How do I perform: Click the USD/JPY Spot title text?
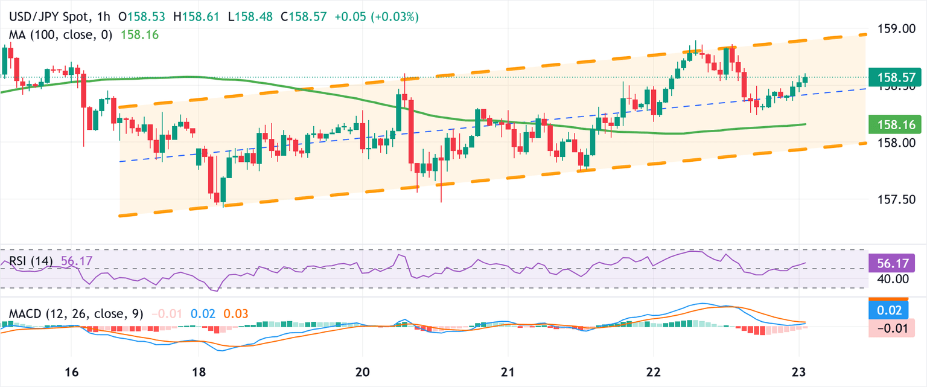(53, 17)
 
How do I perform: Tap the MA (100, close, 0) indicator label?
(61, 35)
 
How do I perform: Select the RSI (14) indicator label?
(31, 261)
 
